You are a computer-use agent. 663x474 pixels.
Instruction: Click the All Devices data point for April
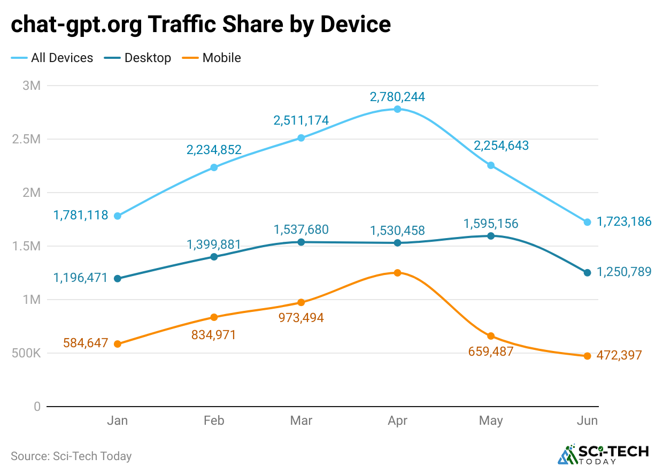[397, 109]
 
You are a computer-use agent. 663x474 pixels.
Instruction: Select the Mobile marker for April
[397, 273]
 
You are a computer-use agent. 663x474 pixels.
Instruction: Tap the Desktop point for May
[491, 235]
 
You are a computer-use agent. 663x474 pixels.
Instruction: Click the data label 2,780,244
[397, 97]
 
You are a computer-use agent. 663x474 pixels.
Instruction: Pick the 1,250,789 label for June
[624, 272]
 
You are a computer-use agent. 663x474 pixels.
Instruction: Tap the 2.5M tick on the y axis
[27, 139]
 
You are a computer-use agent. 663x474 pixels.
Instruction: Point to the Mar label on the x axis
[301, 421]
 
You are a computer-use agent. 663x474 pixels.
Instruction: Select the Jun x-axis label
[587, 421]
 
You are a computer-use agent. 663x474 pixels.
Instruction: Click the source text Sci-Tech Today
[92, 456]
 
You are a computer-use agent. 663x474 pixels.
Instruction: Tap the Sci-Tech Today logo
[603, 455]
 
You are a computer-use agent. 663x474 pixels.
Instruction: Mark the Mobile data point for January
[118, 344]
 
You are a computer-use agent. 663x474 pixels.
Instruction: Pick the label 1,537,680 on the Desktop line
[301, 230]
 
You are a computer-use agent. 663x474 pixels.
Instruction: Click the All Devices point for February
[214, 167]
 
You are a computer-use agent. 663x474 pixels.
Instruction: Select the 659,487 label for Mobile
[490, 351]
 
